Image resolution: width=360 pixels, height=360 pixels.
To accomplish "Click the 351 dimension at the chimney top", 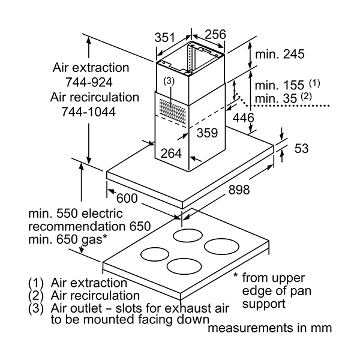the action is [164, 38].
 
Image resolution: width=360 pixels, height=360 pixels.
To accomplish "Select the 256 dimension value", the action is [215, 34].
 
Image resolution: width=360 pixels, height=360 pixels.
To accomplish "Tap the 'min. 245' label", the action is [280, 54].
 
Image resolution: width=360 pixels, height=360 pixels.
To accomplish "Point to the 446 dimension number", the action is [244, 118].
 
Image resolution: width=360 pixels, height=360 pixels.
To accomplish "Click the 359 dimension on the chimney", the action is [207, 133].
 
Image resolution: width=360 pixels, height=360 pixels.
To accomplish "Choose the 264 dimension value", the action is [171, 153].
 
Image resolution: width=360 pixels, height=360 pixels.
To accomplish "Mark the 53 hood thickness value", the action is [301, 148].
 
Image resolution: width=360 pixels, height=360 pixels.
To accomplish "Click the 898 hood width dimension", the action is [239, 190].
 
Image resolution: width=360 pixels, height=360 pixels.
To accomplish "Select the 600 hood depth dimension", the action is [127, 198].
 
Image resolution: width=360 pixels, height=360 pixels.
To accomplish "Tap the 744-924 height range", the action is [89, 82].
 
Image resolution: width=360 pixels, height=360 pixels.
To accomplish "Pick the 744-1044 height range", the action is [88, 112].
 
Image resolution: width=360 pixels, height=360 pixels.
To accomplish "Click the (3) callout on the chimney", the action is [169, 81].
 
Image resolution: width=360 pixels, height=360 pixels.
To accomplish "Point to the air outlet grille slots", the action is [172, 109].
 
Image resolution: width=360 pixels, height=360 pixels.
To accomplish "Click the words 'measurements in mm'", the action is [269, 328].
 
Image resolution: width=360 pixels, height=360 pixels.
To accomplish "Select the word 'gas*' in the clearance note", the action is [94, 240].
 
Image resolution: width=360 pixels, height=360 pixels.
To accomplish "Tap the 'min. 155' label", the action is [279, 85].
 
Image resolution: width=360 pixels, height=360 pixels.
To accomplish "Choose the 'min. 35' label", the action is [276, 98].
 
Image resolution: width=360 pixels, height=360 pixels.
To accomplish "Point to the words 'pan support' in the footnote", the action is [277, 298].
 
